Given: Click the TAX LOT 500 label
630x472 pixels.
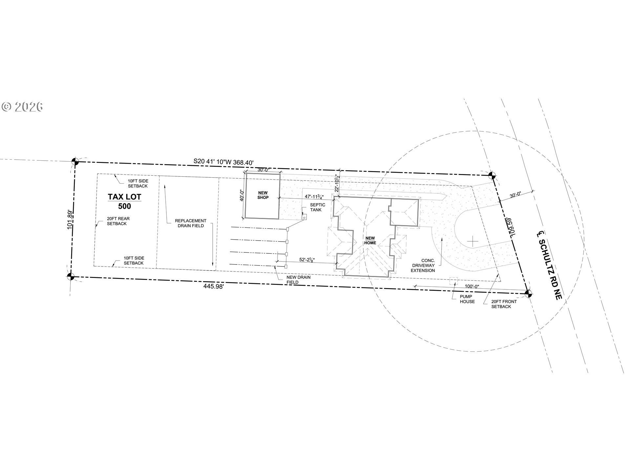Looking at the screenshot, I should [x=124, y=201].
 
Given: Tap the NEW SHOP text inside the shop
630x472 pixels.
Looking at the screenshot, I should [x=263, y=195].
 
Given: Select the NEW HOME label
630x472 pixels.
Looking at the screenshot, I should [x=370, y=240].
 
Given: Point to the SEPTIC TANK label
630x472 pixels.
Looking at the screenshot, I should [x=318, y=207].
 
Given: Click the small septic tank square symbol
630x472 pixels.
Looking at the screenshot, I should [x=304, y=217].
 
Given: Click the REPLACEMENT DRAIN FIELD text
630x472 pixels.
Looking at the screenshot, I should [x=190, y=223].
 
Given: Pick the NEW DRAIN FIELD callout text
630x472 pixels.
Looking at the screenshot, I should [x=298, y=280].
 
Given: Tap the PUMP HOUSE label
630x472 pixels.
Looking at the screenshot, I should [x=467, y=299].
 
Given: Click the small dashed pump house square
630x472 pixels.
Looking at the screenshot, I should [x=453, y=281].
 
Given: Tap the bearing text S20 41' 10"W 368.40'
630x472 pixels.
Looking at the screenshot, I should [x=223, y=161].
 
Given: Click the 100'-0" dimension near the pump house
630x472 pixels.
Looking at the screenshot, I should [x=472, y=286].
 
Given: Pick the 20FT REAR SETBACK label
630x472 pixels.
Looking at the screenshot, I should [x=118, y=221].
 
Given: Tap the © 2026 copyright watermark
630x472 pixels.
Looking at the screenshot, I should [x=22, y=107].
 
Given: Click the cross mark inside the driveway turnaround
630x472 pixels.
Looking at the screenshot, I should [x=472, y=242].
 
